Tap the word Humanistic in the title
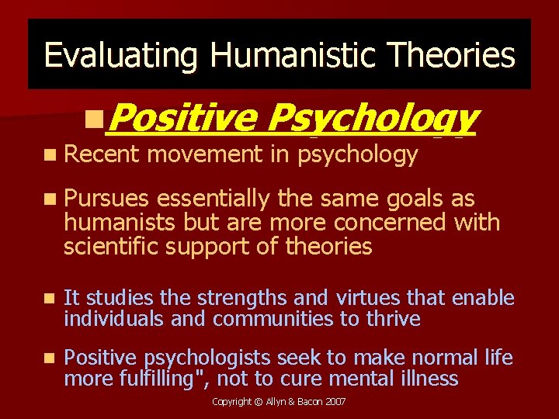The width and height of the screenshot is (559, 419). point(281,56)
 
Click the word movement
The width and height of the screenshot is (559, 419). point(206,155)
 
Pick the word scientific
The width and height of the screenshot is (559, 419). point(109,247)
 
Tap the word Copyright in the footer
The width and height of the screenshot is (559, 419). point(232,402)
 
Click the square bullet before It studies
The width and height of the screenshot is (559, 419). point(49,298)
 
